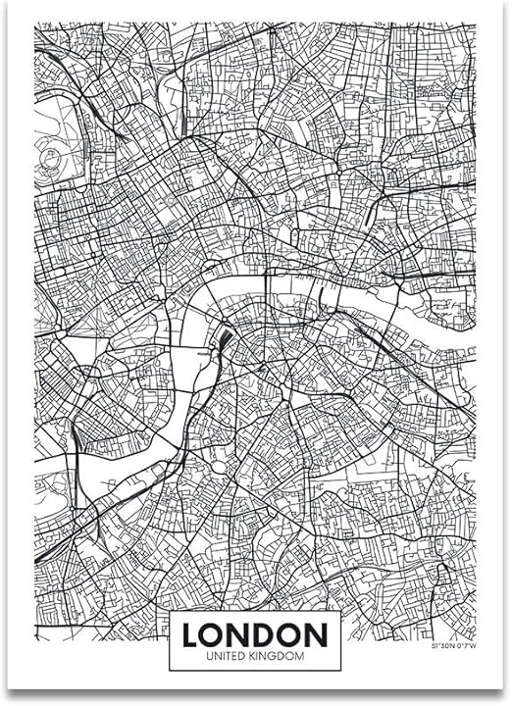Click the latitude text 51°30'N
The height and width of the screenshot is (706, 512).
[x=443, y=646]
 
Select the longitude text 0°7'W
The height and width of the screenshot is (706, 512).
[x=466, y=646]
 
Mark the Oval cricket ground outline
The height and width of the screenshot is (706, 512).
[x=222, y=461]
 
